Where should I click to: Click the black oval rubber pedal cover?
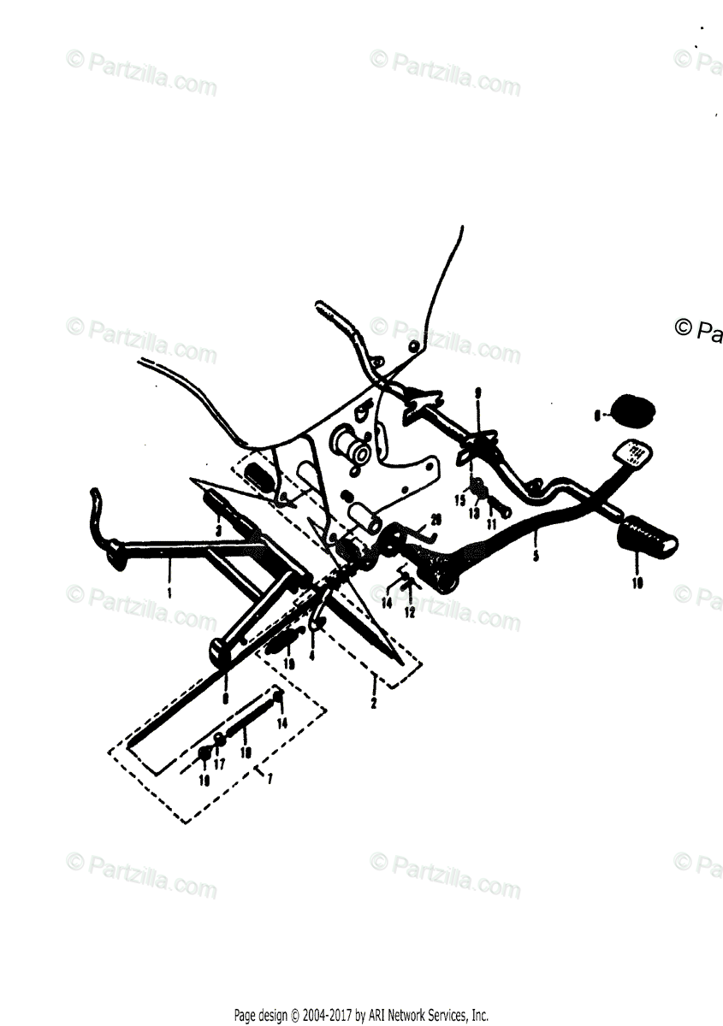pyautogui.click(x=631, y=410)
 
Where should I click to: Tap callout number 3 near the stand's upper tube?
pyautogui.click(x=219, y=531)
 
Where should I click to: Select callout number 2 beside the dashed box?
pyautogui.click(x=373, y=704)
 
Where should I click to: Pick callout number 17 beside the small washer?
pyautogui.click(x=220, y=764)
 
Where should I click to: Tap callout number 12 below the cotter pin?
pyautogui.click(x=410, y=613)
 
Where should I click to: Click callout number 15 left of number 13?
pyautogui.click(x=459, y=500)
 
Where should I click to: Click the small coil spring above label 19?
pyautogui.click(x=282, y=640)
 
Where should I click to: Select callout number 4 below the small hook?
pyautogui.click(x=311, y=655)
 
